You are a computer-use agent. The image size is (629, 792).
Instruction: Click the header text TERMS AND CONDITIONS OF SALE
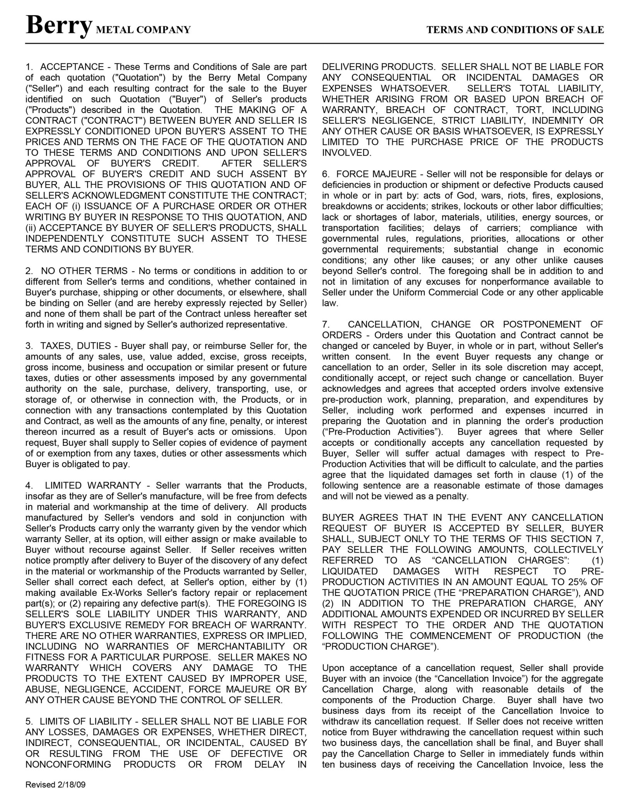click(x=515, y=30)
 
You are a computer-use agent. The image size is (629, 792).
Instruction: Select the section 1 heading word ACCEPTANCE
click(x=72, y=67)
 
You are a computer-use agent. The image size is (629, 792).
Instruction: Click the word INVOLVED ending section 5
click(x=346, y=153)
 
